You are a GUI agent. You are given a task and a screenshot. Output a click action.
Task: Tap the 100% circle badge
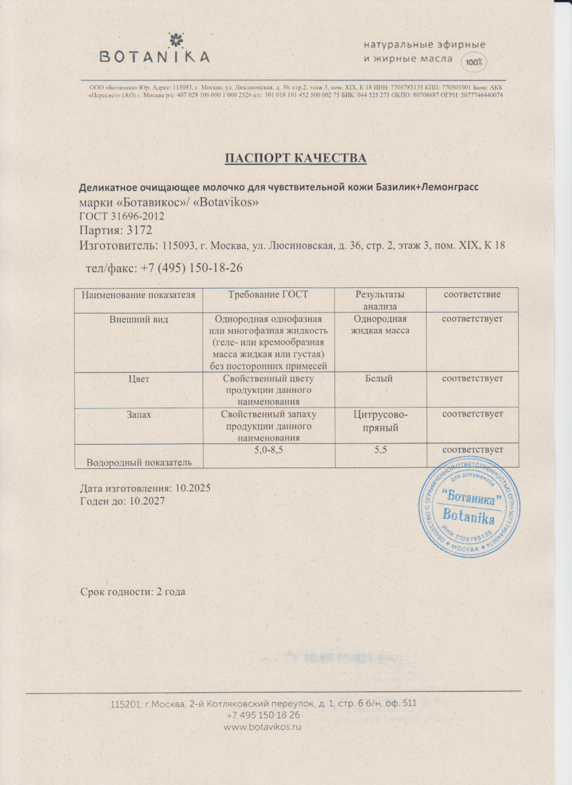[x=474, y=62]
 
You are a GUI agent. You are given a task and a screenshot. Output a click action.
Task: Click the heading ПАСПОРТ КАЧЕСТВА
[x=295, y=158]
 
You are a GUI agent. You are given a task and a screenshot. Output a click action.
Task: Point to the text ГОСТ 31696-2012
[x=122, y=216]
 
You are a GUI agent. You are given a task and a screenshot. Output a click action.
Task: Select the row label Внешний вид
[x=139, y=320]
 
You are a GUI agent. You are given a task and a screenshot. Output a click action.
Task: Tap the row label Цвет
[x=139, y=379]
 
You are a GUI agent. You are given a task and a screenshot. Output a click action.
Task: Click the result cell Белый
[x=380, y=379]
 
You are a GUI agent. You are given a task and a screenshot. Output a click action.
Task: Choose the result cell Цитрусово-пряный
[x=380, y=420]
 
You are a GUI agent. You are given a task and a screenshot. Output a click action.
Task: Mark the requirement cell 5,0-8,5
[x=269, y=449]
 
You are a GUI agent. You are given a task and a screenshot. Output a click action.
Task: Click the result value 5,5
[x=380, y=449]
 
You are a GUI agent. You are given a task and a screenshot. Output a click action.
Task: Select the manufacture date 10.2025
[x=192, y=488]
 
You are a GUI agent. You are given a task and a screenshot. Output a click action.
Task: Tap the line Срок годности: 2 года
[x=133, y=592]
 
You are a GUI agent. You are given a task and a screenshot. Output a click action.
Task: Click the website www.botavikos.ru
[x=262, y=727]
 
